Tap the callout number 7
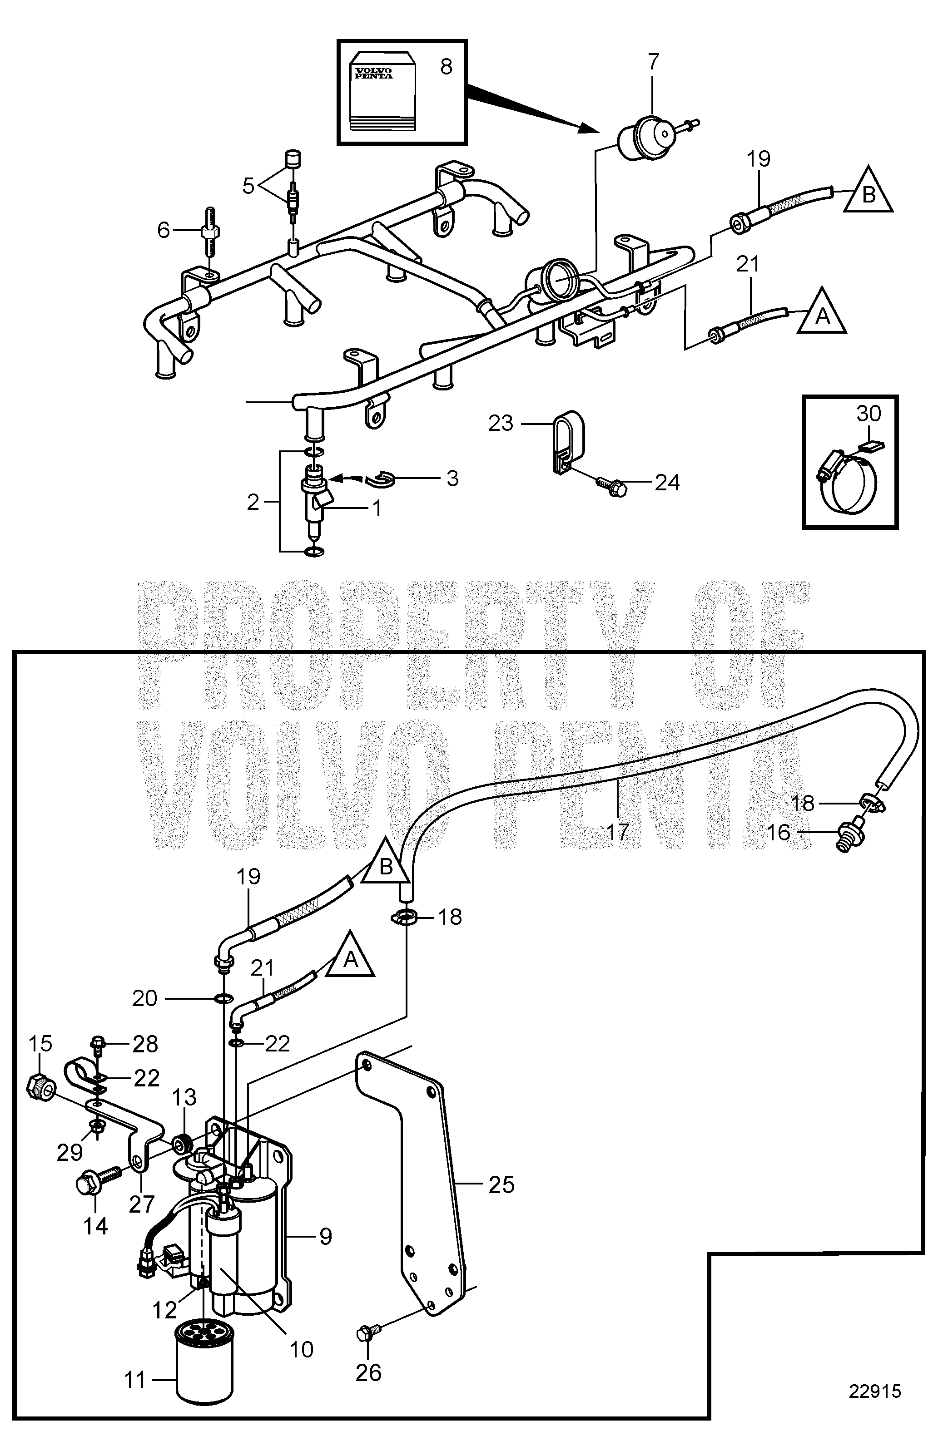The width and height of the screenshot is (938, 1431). [x=653, y=61]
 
